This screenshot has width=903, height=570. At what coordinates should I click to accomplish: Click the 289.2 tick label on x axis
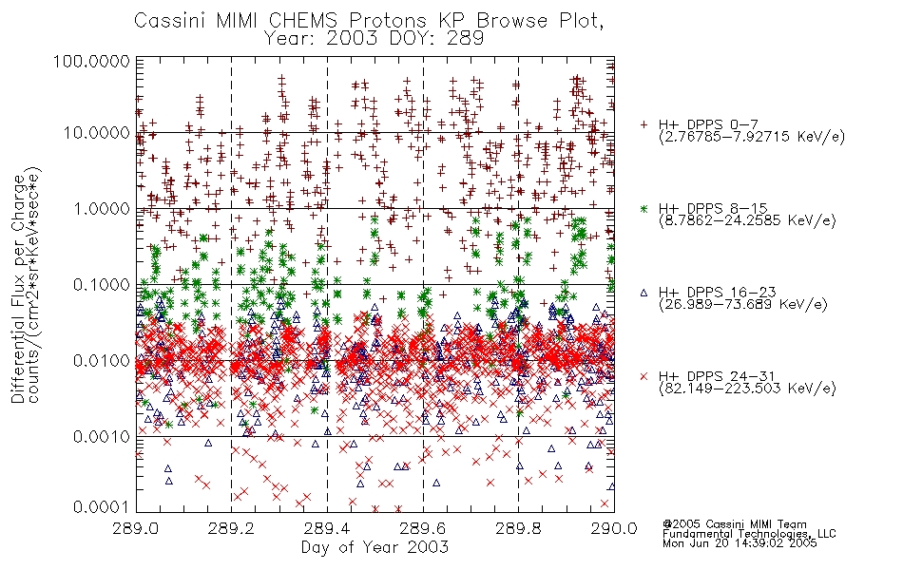[232, 528]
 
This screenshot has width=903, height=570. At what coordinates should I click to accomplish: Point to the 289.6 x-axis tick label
[423, 528]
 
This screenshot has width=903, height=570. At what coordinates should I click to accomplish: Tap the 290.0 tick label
[614, 528]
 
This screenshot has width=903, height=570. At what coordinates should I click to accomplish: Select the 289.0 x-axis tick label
[136, 528]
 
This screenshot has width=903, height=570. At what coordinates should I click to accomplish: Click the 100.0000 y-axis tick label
[91, 61]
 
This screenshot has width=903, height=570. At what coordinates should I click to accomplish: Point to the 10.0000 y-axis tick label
[96, 133]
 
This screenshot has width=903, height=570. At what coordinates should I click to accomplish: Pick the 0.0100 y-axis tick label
[102, 361]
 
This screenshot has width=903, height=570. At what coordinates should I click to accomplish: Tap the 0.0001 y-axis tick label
[102, 506]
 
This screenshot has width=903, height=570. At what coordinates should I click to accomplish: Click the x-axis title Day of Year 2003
[375, 547]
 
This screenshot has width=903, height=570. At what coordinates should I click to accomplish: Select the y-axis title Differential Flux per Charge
[19, 290]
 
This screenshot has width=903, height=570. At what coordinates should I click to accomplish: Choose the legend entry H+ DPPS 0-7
[709, 124]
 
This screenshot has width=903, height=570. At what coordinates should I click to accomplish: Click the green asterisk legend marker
[644, 208]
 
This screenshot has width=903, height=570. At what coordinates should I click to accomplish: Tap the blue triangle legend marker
[644, 293]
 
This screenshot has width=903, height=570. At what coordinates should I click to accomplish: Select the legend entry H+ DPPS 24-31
[717, 376]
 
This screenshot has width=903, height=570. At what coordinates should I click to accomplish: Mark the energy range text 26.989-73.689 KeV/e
[743, 305]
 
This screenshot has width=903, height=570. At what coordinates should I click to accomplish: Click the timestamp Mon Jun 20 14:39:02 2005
[740, 543]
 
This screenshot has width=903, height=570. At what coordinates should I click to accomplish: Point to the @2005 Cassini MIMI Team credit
[734, 524]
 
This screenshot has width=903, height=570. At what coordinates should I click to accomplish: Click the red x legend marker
[644, 376]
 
